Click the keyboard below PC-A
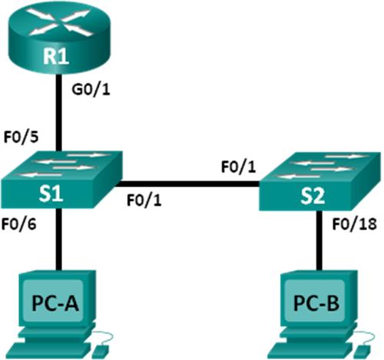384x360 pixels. [58, 347]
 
